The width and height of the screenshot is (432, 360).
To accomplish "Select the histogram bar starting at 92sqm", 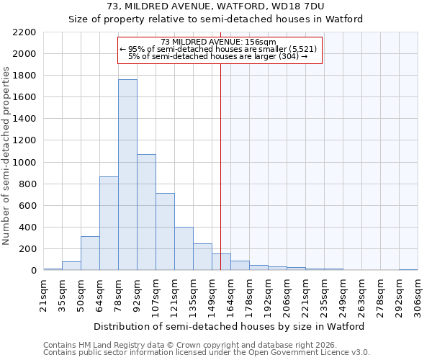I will point(146,212).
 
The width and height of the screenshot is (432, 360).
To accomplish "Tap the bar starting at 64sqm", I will point(109,223).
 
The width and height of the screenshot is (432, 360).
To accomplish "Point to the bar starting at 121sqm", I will point(184,249).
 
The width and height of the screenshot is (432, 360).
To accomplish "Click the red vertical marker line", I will point(220,158).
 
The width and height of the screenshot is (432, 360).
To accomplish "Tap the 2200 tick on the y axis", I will point(24,32).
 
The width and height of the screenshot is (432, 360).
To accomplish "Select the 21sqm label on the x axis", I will point(44,294).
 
